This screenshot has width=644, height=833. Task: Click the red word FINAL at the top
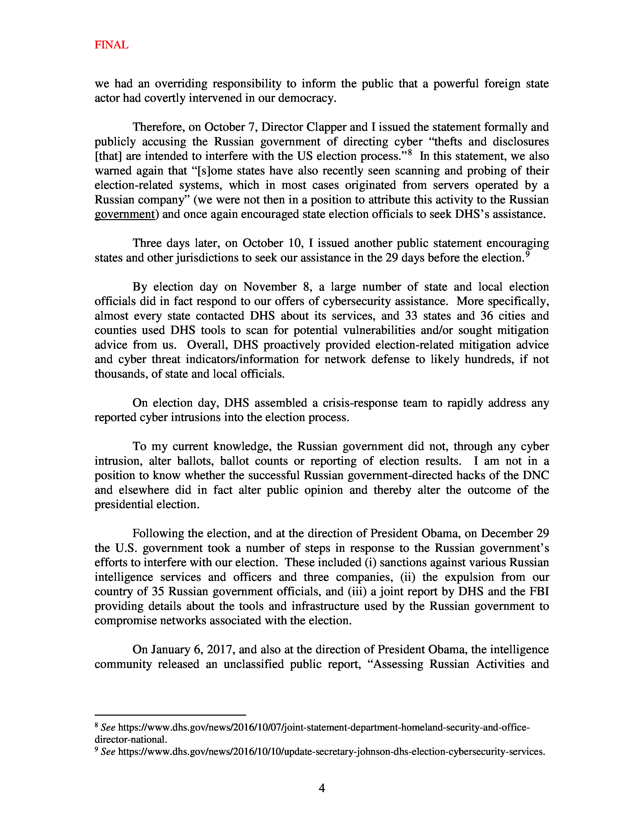[x=111, y=45]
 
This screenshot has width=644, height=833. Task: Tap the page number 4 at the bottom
[x=321, y=788]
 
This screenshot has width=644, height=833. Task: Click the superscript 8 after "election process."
[x=410, y=152]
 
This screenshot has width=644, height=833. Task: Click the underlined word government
[x=124, y=214]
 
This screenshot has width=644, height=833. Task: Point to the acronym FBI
[x=539, y=592]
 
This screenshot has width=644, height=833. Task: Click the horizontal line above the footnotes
[x=170, y=715]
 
